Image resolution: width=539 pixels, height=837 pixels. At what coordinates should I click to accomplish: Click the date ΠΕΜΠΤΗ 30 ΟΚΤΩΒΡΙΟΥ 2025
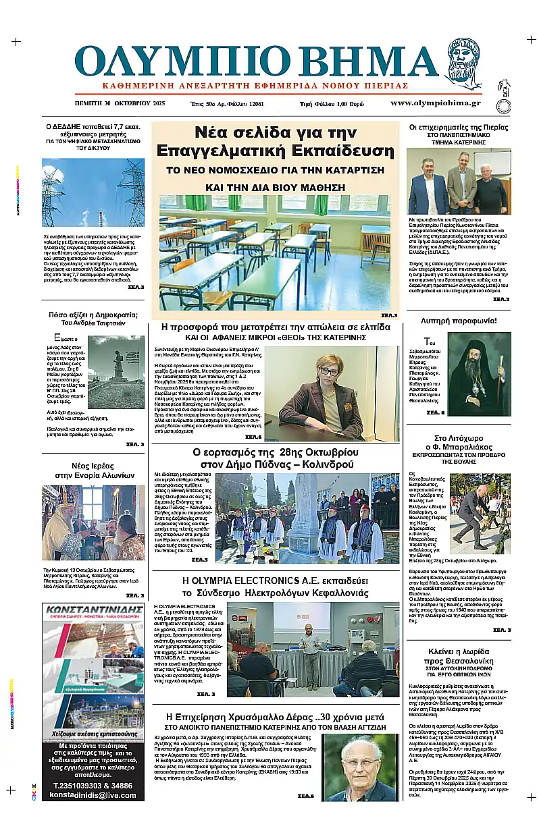(x=120, y=104)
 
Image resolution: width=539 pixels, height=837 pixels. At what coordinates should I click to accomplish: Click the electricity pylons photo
(x=93, y=192)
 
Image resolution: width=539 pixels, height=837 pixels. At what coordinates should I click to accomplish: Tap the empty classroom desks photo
(x=274, y=252)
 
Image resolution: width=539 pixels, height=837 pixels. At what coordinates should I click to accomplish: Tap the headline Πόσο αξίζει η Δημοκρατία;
(x=93, y=315)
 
